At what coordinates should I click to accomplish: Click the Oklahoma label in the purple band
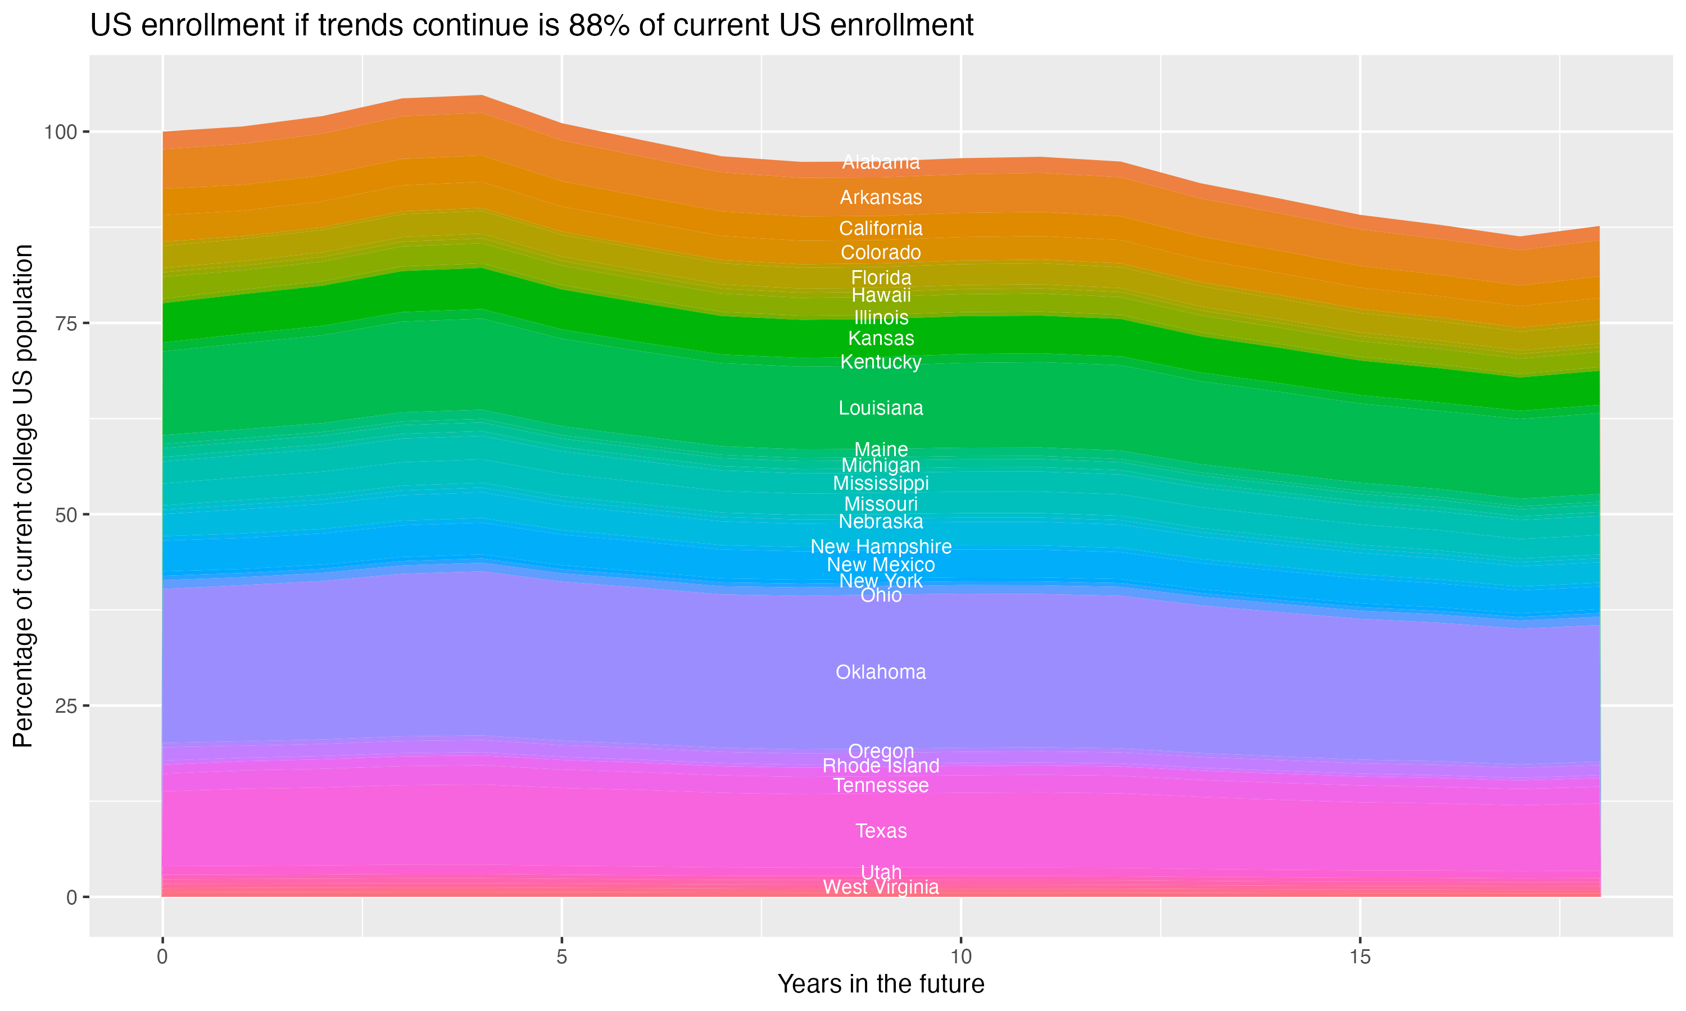881,672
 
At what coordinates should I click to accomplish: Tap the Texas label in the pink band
881,831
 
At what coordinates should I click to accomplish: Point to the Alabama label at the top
881,162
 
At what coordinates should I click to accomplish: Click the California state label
881,228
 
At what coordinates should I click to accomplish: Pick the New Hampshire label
881,547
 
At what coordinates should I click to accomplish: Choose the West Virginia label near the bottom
881,887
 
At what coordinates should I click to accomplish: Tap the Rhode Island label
881,766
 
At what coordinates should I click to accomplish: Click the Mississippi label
881,483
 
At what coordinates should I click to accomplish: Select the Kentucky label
881,362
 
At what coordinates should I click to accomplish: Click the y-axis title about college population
23,495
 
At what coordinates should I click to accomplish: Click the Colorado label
881,253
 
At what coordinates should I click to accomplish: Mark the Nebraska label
881,522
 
